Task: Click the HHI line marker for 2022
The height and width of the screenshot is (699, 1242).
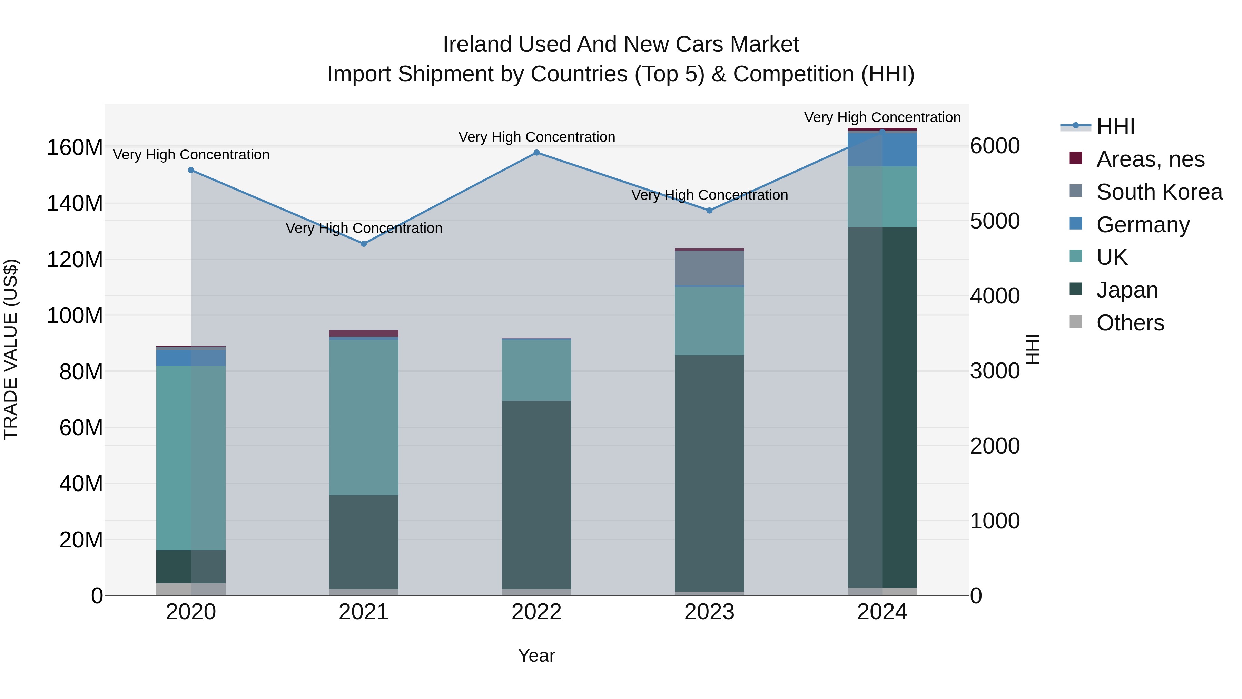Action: pyautogui.click(x=536, y=153)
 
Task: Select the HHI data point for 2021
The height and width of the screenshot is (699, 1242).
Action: pyautogui.click(x=364, y=244)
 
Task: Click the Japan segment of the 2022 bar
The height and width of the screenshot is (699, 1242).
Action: pyautogui.click(x=536, y=494)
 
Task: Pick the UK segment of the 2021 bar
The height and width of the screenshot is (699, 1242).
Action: pyautogui.click(x=364, y=417)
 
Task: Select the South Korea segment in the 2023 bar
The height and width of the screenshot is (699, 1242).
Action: pyautogui.click(x=709, y=268)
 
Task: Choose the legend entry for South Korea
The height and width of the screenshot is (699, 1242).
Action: pyautogui.click(x=1159, y=192)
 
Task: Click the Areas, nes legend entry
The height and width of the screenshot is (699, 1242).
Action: pyautogui.click(x=1150, y=159)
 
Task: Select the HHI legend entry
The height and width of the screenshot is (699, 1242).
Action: pyautogui.click(x=1115, y=126)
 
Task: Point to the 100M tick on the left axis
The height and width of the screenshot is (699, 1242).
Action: pyautogui.click(x=75, y=316)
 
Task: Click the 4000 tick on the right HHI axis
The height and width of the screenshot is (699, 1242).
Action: pyautogui.click(x=995, y=296)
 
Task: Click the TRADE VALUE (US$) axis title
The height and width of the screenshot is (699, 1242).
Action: pyautogui.click(x=11, y=349)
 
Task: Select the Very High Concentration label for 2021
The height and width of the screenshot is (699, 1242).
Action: pyautogui.click(x=364, y=228)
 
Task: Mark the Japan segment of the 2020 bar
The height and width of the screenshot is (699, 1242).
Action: pyautogui.click(x=191, y=567)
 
